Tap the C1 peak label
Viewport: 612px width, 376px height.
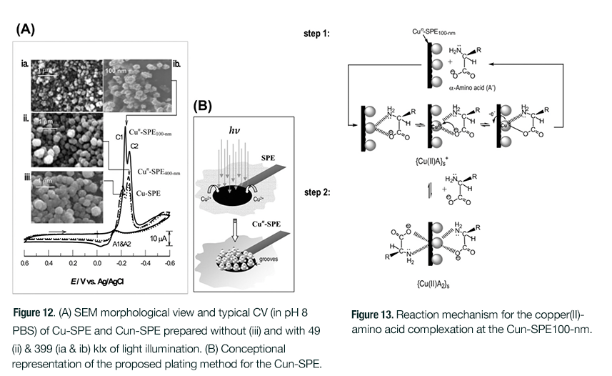pyautogui.click(x=119, y=137)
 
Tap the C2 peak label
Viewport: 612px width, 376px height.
pyautogui.click(x=134, y=147)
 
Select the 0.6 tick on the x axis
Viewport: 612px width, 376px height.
pyautogui.click(x=25, y=264)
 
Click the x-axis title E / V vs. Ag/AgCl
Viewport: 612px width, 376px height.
pyautogui.click(x=97, y=279)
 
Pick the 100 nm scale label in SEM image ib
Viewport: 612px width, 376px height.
pyautogui.click(x=117, y=71)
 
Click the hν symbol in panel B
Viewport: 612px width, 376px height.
pyautogui.click(x=235, y=131)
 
